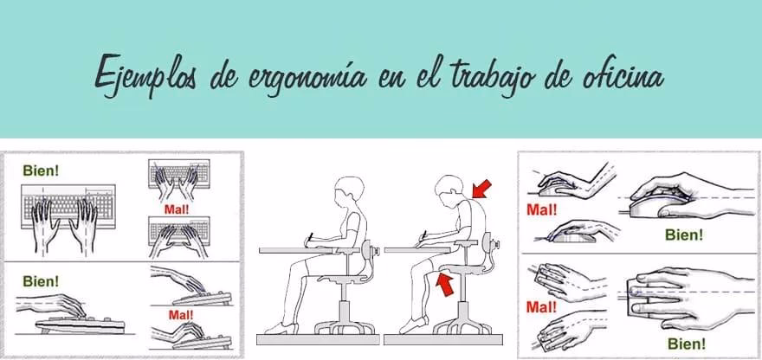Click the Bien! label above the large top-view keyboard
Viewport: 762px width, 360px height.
pos(41,170)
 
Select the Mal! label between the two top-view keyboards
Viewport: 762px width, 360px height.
pos(176,209)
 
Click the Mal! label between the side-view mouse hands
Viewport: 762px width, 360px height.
pos(541,209)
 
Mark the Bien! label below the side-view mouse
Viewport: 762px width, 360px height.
pos(683,234)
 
